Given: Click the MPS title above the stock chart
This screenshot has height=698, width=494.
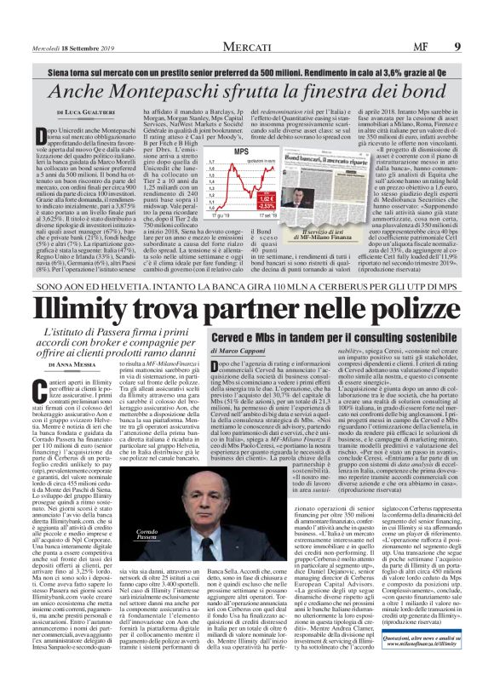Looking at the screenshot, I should [221, 151].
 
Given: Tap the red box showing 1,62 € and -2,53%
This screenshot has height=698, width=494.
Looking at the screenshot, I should [264, 202].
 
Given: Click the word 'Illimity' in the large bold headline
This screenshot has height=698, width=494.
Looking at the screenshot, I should [110, 306].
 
